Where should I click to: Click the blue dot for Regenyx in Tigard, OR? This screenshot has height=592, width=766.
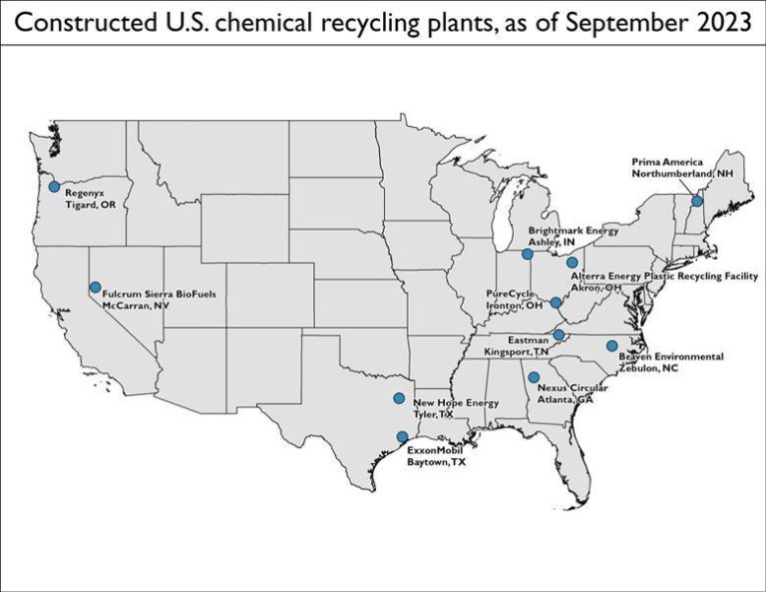[54, 187]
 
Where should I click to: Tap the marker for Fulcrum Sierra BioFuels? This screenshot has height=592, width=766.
[95, 288]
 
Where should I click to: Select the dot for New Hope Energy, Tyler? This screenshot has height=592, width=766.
[399, 398]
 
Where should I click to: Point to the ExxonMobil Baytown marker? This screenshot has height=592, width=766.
[402, 436]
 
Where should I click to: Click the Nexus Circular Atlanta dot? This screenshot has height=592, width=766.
[534, 376]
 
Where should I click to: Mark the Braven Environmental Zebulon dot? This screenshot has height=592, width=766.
[611, 345]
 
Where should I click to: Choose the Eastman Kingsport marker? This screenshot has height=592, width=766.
[559, 334]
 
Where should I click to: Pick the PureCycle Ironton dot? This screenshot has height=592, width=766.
[556, 302]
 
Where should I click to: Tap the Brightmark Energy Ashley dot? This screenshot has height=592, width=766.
[528, 254]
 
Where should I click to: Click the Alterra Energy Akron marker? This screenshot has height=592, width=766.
[572, 263]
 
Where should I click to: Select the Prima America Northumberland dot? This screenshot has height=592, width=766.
[697, 201]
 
